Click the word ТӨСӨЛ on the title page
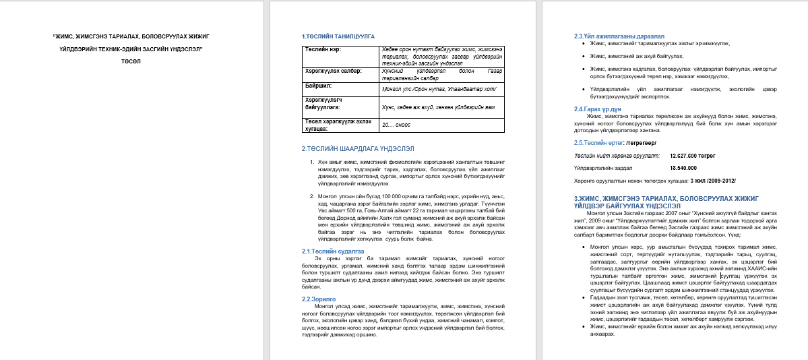point(131,61)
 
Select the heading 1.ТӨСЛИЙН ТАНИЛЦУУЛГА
point(338,36)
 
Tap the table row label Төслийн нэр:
point(321,49)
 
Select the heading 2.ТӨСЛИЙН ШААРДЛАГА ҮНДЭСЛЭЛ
point(357,148)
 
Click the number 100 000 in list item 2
point(394,196)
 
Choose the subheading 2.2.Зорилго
point(318,298)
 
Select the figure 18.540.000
point(683,167)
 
